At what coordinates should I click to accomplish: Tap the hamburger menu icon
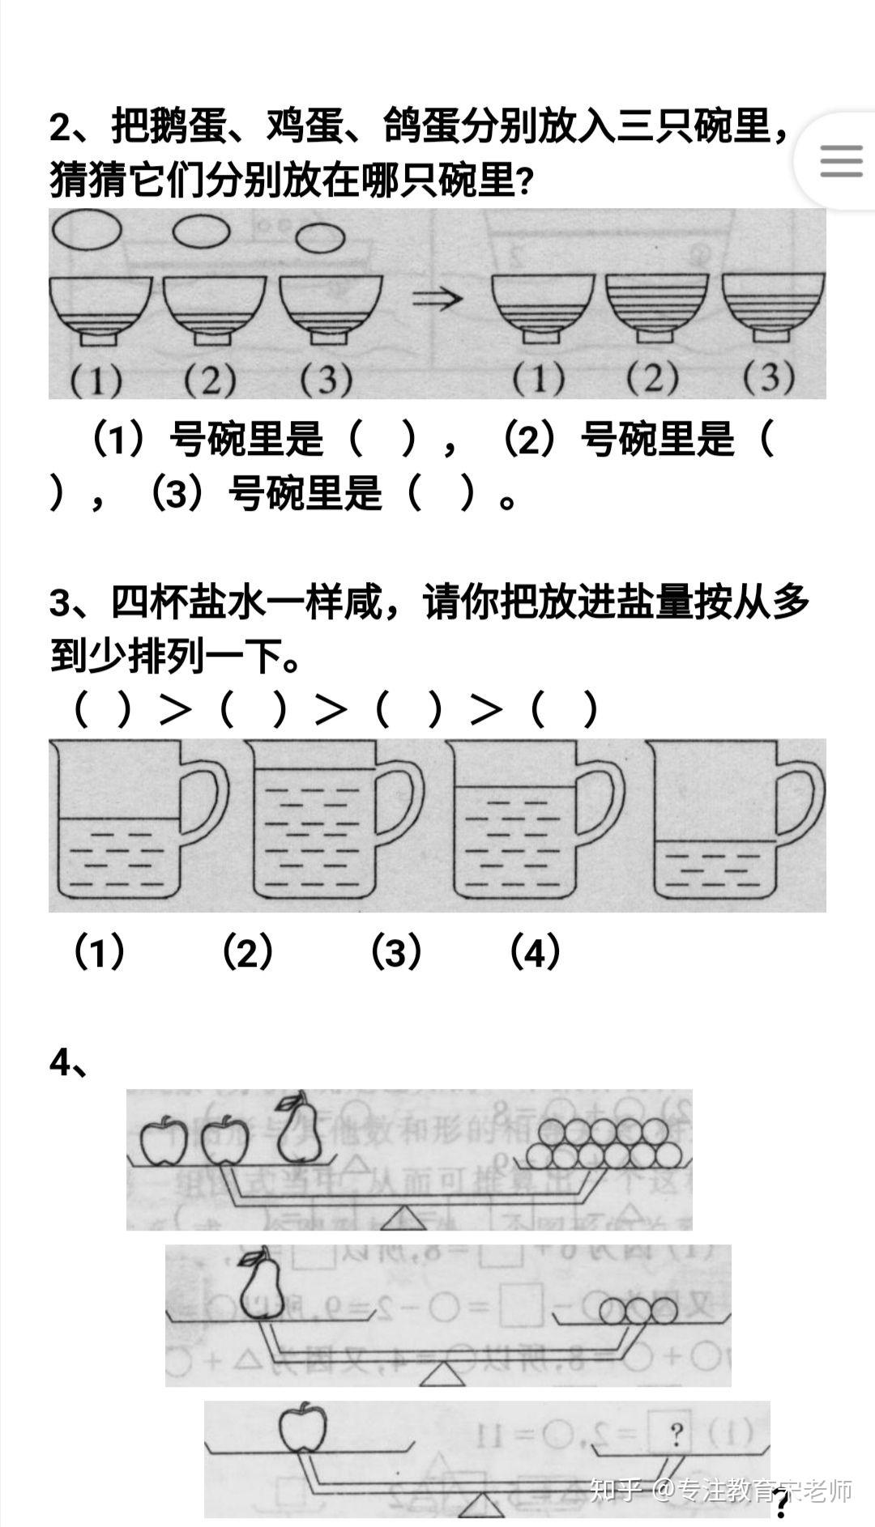point(840,161)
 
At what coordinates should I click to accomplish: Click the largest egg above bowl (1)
point(86,230)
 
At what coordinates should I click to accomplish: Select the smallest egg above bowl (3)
point(320,238)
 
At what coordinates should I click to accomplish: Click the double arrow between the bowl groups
point(437,299)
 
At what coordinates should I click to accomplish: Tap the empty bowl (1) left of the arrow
point(100,308)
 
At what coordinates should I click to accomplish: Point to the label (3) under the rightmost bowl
point(769,377)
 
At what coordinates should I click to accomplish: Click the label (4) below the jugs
point(535,952)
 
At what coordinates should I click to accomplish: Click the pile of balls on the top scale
point(603,1142)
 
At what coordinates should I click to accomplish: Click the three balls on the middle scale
point(638,1311)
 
